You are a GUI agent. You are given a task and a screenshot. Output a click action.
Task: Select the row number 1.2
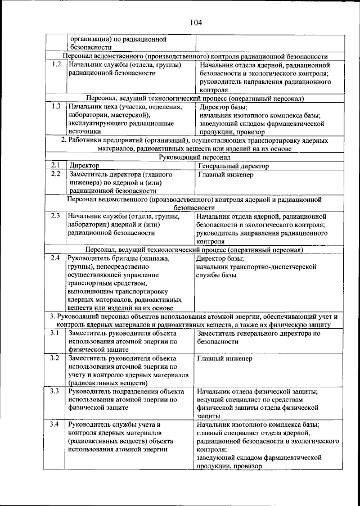point(55,65)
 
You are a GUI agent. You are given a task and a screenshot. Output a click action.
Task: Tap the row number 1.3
point(55,106)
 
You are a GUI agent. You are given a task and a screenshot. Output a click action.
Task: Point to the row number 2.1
point(55,166)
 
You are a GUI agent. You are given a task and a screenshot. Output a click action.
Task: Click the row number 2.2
point(55,174)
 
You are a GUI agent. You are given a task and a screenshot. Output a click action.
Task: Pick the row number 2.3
point(55,216)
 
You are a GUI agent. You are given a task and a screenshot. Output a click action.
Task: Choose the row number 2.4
point(55,258)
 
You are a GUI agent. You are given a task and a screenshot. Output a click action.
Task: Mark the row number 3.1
point(55,333)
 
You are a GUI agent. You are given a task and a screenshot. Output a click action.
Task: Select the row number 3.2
point(55,358)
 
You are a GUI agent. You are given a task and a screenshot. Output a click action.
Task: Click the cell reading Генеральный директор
point(233,166)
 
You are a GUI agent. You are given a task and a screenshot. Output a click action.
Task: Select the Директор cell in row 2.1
point(84,166)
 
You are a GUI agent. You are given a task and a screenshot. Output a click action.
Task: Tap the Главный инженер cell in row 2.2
point(225,174)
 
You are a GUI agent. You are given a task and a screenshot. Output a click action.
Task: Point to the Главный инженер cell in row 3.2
point(225,358)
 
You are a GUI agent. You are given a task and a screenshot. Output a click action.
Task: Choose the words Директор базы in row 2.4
point(220,259)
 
